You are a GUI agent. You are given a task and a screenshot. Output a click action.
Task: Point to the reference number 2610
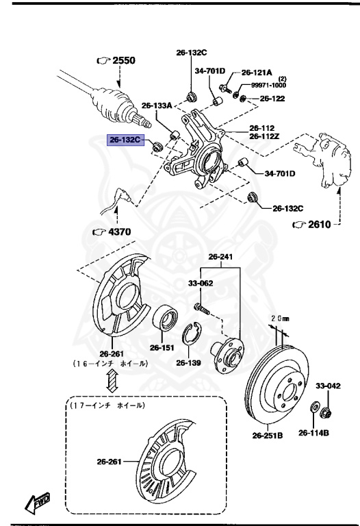click(x=317, y=224)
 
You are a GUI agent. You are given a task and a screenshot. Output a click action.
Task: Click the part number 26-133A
click(x=157, y=105)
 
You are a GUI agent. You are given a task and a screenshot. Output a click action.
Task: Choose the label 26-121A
click(x=257, y=72)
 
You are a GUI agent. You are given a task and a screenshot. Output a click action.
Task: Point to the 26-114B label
click(x=313, y=432)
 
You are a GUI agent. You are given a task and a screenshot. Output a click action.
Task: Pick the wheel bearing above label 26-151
click(x=166, y=319)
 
